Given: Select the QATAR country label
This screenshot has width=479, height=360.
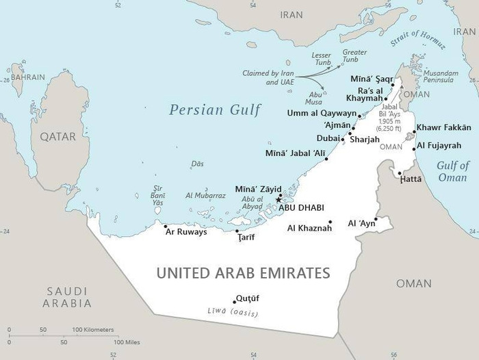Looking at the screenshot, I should pos(57,137).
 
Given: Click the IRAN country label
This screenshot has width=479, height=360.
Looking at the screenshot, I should pos(291,14).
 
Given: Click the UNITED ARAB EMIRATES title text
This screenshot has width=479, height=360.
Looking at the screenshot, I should pos(243,273).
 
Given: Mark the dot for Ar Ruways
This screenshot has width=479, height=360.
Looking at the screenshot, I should pos(166,225).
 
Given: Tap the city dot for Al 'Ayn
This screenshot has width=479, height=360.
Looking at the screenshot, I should pos(376,219).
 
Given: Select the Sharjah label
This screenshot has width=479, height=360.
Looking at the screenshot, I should pos(364,139).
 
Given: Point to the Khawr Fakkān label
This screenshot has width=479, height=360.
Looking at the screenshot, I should pos(444,127).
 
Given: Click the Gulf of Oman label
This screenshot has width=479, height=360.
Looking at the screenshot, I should pos(453,171).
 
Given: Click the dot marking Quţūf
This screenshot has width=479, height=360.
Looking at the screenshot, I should pos(234,301).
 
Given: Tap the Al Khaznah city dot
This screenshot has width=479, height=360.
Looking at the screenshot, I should pos(331,222).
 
